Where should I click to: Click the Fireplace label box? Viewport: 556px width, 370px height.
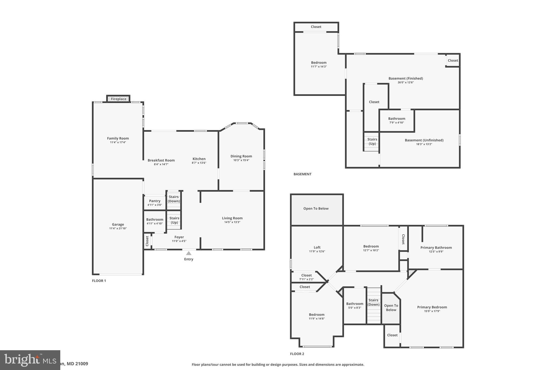coord(118,99)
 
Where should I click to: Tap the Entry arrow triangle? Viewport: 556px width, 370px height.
coord(189,253)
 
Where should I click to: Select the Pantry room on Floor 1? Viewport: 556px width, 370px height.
coord(154,203)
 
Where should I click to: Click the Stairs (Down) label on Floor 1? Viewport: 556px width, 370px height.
coord(174,199)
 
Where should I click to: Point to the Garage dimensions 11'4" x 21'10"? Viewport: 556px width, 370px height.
coord(118,229)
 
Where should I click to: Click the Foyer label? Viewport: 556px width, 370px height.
coord(179,237)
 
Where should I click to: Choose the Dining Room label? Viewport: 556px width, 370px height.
coord(241,156)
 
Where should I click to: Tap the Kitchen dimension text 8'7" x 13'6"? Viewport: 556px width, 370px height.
coord(199,163)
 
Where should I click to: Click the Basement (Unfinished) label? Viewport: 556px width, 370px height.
coord(424,140)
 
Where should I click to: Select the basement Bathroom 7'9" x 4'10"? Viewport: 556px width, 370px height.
coord(396,120)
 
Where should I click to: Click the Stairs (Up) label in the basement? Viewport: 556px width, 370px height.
coord(372,141)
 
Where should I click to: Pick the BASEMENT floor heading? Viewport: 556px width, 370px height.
coord(302,174)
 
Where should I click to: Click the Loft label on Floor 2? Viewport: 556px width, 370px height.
coord(317,247)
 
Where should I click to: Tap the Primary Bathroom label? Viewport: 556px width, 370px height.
coord(436,247)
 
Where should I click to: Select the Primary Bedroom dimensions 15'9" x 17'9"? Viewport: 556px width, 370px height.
coord(432,311)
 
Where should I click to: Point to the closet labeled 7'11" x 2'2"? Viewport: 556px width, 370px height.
coord(306,277)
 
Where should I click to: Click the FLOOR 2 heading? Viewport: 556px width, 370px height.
coord(297,354)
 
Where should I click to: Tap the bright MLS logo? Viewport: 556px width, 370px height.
coord(30,360)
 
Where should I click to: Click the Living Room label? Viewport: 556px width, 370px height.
coord(232,218)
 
